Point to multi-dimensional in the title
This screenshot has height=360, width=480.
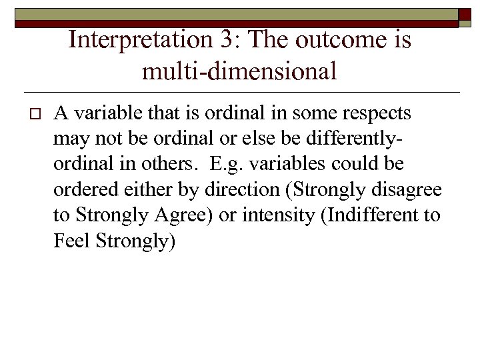[x=239, y=70]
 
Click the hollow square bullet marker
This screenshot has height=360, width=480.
[x=27, y=115]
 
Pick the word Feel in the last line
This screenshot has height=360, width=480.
[x=71, y=241]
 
